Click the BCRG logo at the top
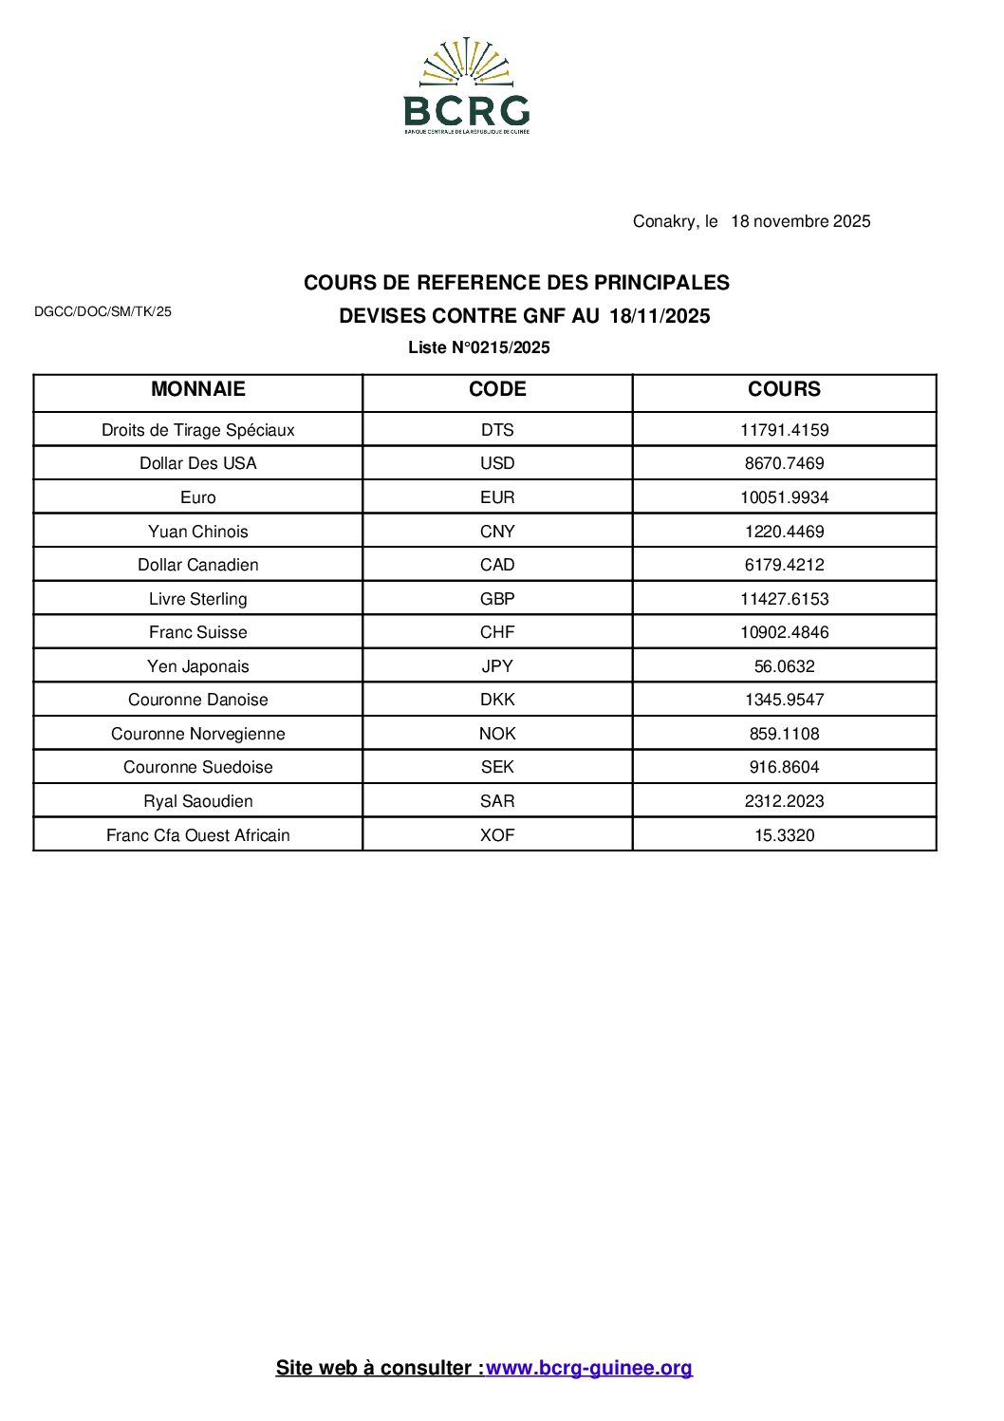click(x=467, y=87)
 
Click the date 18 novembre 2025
click(x=800, y=221)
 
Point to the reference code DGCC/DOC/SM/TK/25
click(x=102, y=311)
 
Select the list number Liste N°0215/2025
click(x=479, y=347)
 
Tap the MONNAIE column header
click(x=197, y=389)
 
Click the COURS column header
click(x=784, y=389)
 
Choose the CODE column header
click(x=497, y=389)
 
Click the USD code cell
click(x=497, y=463)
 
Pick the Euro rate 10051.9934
click(x=784, y=497)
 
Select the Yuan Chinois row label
click(x=197, y=532)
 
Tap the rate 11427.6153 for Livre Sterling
click(x=784, y=599)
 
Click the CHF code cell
click(x=497, y=632)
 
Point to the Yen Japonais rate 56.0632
click(x=784, y=666)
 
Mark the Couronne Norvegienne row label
click(x=197, y=734)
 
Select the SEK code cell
click(x=497, y=767)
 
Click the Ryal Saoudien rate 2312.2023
click(x=784, y=801)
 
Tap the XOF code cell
click(x=497, y=835)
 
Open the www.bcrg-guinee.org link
click(x=589, y=1368)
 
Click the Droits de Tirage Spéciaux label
click(x=197, y=430)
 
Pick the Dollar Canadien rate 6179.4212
click(x=784, y=565)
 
